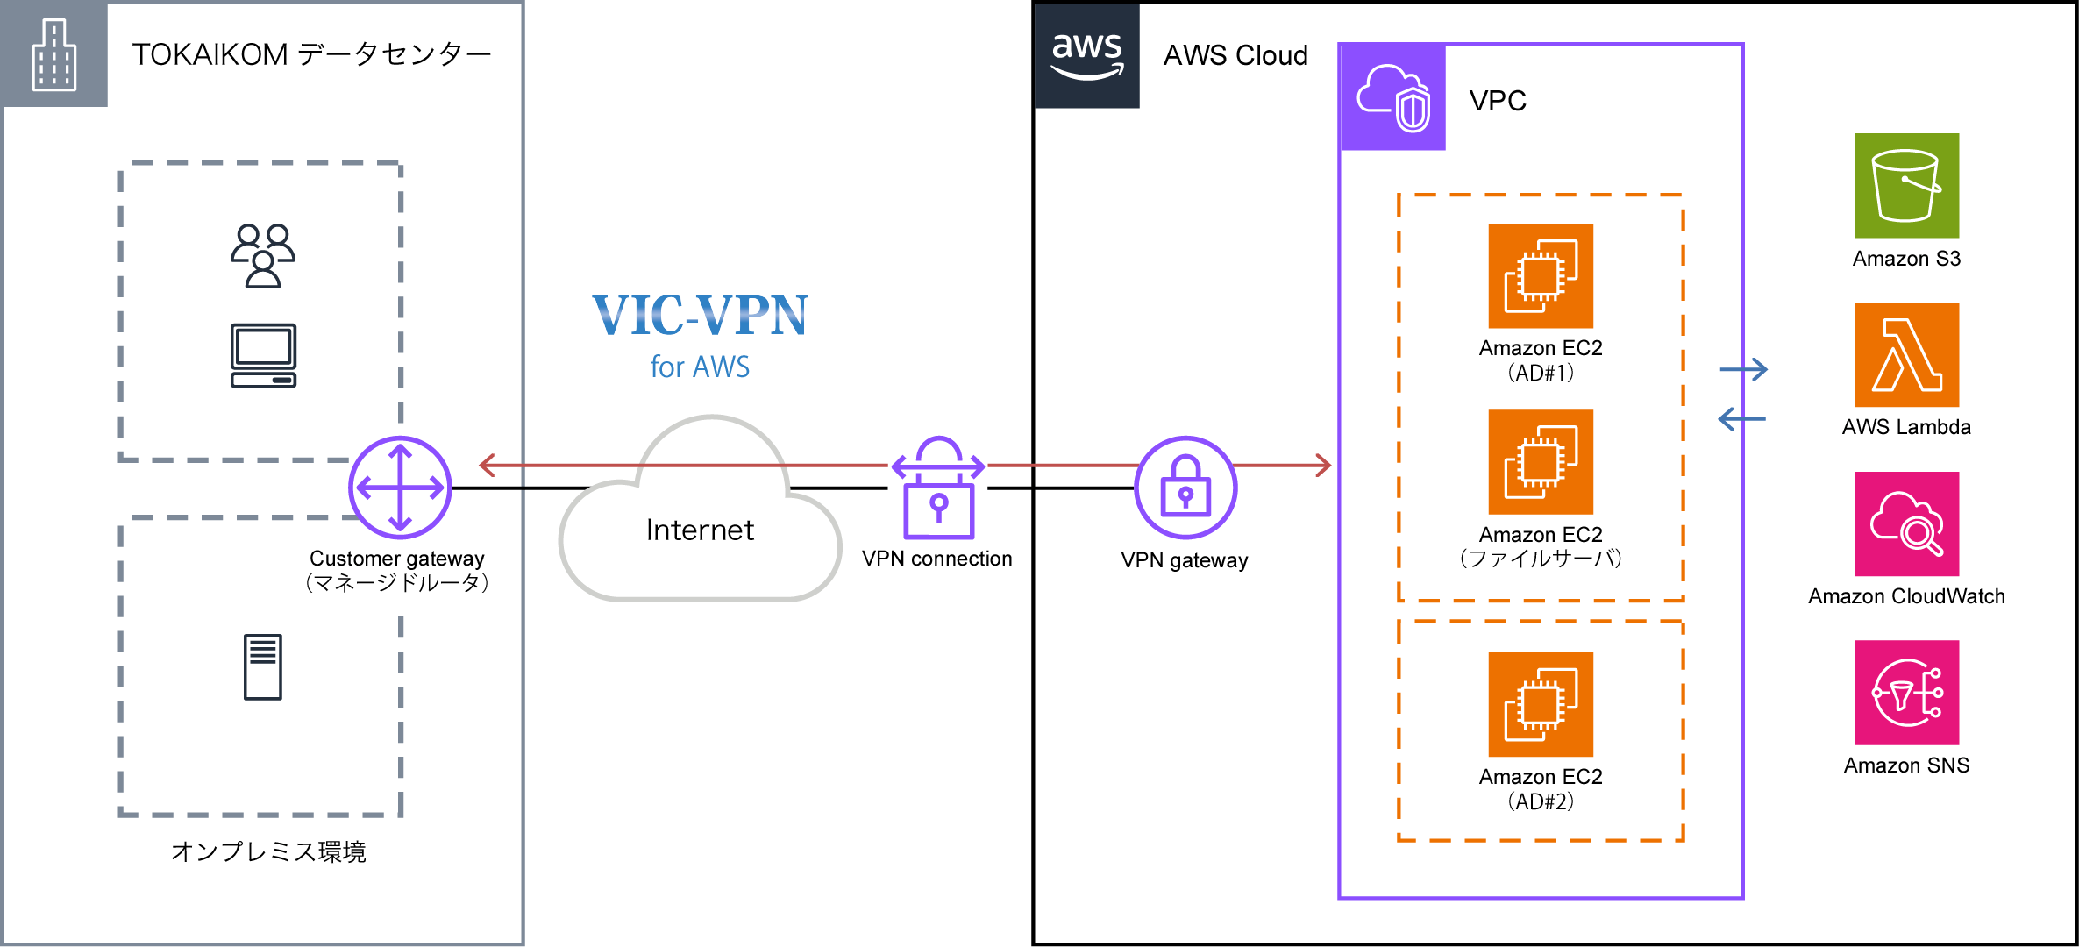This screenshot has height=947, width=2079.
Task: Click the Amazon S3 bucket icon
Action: (x=1906, y=185)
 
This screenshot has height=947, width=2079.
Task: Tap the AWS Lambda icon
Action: (x=1906, y=354)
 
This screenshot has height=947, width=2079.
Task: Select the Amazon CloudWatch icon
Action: (x=1906, y=523)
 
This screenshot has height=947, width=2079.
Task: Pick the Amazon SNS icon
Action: (x=1906, y=693)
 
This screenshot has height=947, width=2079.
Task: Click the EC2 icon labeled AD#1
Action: (x=1541, y=275)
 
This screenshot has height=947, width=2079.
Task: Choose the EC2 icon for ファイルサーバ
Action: (x=1541, y=462)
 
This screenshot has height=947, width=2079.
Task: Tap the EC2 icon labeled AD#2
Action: (x=1541, y=704)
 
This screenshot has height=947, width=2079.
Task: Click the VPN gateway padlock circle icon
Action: (x=1185, y=488)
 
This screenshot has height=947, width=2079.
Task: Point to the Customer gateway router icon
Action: (x=400, y=488)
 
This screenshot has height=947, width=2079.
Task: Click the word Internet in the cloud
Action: (x=700, y=530)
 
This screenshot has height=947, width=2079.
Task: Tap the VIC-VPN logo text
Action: (x=700, y=316)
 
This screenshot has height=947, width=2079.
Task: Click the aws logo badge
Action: (x=1087, y=55)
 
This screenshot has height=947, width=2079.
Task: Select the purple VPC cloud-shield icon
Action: (x=1393, y=97)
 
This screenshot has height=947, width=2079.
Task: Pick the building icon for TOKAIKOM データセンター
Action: (x=54, y=54)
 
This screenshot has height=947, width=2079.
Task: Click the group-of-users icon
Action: (x=263, y=255)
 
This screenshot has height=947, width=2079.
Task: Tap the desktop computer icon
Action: (x=263, y=356)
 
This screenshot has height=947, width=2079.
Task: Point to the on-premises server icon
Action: (x=263, y=666)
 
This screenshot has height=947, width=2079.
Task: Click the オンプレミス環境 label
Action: (x=268, y=851)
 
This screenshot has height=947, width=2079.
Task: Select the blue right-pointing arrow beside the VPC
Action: (x=1744, y=370)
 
